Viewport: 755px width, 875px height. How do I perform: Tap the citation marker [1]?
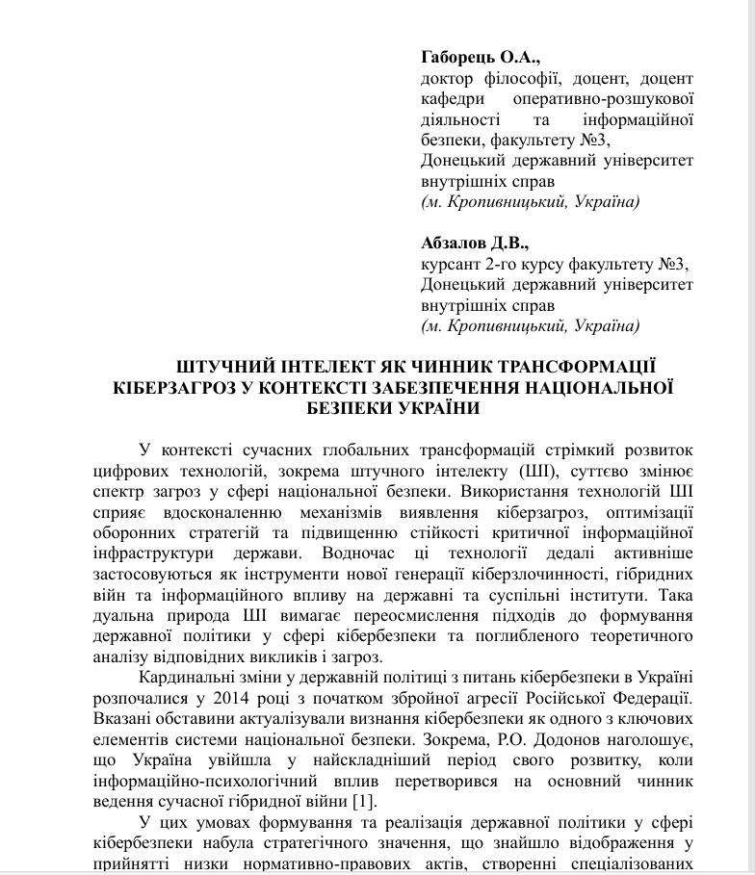(x=363, y=802)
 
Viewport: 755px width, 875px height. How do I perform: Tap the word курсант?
(x=451, y=264)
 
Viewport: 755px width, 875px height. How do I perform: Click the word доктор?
(x=451, y=78)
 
